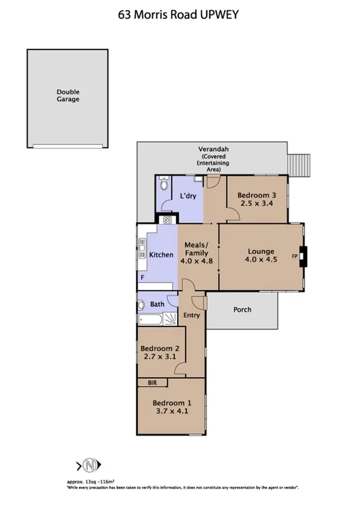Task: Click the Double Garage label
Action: coord(68,96)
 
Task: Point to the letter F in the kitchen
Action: coord(142,278)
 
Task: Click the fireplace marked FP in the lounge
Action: coord(303,256)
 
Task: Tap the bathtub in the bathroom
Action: coord(151,320)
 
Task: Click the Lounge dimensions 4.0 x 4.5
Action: coord(260,260)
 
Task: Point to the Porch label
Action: coord(242,310)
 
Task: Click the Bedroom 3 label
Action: coord(257,195)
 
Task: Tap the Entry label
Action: coord(191,315)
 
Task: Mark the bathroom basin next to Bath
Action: coord(141,304)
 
